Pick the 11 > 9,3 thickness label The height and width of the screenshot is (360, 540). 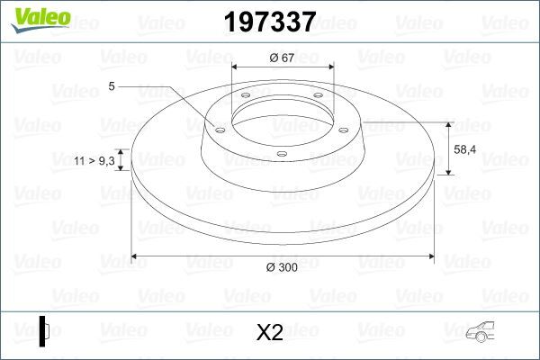click(x=94, y=159)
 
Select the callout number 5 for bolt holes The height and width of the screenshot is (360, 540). click(x=111, y=87)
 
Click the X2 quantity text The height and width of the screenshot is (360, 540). click(x=270, y=333)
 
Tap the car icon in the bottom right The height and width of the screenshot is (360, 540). click(x=486, y=332)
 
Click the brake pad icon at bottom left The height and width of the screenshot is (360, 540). click(x=44, y=330)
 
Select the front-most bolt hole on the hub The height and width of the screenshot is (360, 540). click(x=282, y=155)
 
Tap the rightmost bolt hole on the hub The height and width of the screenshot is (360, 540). click(x=343, y=127)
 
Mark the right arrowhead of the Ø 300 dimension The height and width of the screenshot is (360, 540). click(x=429, y=257)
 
